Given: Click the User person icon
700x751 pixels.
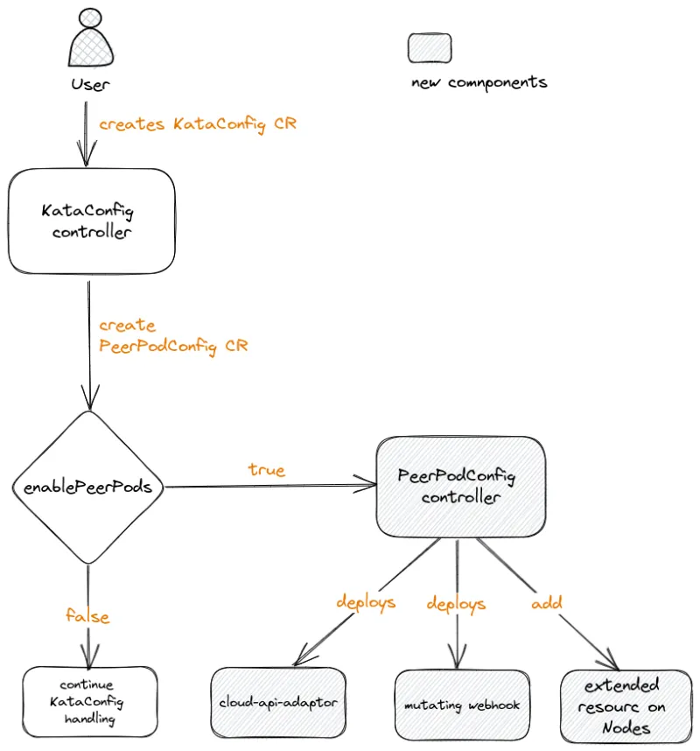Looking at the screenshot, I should [89, 39].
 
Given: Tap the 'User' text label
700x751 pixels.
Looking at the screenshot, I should [90, 85].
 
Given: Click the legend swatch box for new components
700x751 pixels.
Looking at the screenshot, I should [430, 48].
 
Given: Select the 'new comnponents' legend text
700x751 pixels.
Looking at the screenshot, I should [479, 83].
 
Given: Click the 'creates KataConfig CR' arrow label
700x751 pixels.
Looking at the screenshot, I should [197, 124].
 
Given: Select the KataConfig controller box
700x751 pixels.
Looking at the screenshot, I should [92, 221].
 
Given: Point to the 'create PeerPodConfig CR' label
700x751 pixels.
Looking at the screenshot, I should [172, 335].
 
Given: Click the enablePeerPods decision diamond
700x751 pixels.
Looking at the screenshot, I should [88, 487].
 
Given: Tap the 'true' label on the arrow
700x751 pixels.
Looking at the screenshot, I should [266, 470].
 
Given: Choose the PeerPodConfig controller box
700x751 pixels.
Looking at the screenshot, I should [461, 487].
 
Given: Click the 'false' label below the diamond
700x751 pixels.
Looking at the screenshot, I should [87, 616].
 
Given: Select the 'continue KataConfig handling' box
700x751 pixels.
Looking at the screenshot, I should [90, 701].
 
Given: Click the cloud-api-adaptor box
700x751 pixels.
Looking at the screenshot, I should [278, 702].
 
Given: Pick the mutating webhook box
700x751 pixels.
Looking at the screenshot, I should [462, 705].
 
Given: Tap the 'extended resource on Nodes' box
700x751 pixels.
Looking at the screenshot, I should [626, 706].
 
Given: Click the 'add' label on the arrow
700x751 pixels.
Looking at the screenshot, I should [547, 602].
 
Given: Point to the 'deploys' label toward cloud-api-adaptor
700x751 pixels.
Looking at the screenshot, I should [366, 602].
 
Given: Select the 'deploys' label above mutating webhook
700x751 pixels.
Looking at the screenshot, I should [455, 604].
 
